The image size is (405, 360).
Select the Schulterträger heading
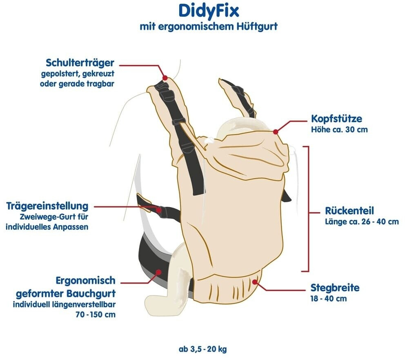[80, 63]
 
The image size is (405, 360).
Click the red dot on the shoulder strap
[165, 78]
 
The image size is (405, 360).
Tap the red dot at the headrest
[276, 132]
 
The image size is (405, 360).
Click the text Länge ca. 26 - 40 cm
[362, 221]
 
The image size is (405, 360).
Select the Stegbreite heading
[335, 288]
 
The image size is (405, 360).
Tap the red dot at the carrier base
[255, 281]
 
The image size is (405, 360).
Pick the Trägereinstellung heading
[47, 205]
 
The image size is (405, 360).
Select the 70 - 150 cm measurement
[96, 315]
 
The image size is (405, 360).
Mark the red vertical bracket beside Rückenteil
[307, 208]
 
